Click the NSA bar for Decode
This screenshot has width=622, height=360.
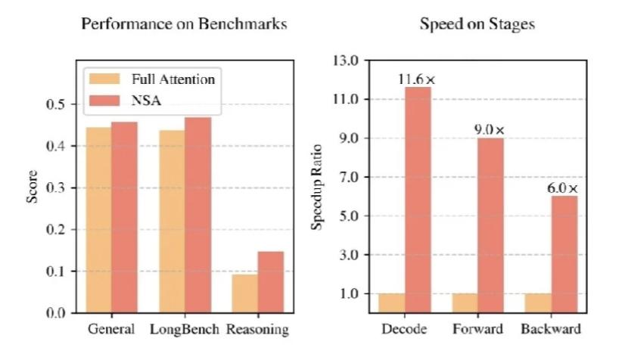(417, 200)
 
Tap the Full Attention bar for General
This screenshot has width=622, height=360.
(98, 219)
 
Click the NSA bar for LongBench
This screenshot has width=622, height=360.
(197, 215)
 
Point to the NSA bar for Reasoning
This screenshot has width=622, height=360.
(270, 281)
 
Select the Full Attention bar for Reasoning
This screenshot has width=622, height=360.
(244, 293)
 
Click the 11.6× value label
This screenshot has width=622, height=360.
(417, 79)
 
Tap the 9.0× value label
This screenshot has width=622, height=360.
(490, 129)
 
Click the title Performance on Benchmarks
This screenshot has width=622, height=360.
(183, 24)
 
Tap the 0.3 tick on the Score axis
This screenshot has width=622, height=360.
(58, 188)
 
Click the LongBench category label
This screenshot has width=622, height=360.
(185, 330)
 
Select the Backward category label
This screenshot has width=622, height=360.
(550, 330)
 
